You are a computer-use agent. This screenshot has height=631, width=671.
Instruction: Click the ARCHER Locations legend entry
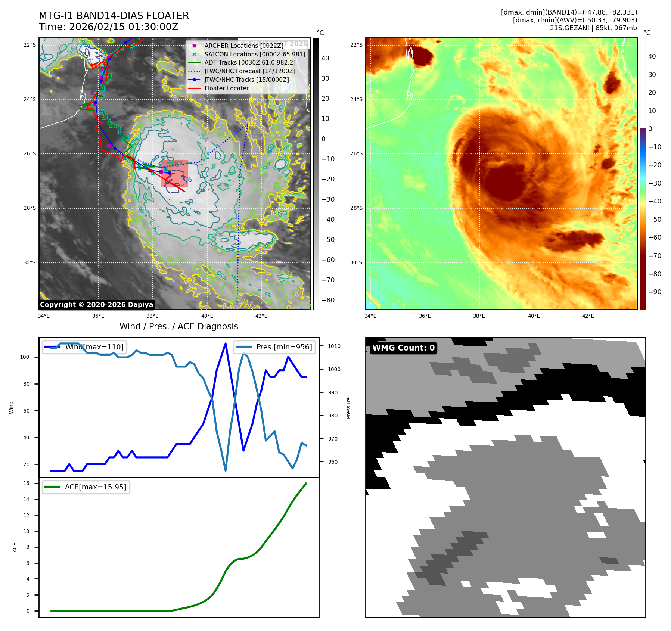click(x=244, y=46)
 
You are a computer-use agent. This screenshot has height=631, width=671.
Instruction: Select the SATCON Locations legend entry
click(x=255, y=54)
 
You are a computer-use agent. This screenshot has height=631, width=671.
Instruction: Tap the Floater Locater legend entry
click(x=226, y=88)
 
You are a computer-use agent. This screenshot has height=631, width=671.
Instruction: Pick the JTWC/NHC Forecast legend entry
click(x=249, y=71)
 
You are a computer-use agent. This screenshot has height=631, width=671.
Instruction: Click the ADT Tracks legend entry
click(x=250, y=63)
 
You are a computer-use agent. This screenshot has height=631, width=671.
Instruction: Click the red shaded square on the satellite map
click(x=174, y=174)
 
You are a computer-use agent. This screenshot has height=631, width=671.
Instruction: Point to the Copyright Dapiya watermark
click(x=96, y=305)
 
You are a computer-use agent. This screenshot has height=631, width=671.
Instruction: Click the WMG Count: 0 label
click(x=403, y=348)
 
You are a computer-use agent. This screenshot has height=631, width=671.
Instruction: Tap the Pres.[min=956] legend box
click(x=275, y=347)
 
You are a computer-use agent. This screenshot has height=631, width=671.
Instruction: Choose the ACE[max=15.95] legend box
click(x=86, y=487)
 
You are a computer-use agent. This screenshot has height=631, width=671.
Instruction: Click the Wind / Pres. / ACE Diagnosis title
click(x=178, y=326)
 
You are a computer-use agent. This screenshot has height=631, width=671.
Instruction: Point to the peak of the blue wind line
click(x=226, y=343)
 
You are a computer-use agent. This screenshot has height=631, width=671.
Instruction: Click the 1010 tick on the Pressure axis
click(x=334, y=346)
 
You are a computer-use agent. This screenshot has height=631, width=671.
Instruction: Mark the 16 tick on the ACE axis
click(x=27, y=483)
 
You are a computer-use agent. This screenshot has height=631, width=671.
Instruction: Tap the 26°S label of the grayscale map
click(x=30, y=154)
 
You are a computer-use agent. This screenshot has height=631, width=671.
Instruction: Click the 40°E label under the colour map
click(x=534, y=316)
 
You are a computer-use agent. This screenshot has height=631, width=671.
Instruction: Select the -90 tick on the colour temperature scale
click(x=655, y=292)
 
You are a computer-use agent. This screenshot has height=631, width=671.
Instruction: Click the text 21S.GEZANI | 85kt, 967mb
click(x=593, y=28)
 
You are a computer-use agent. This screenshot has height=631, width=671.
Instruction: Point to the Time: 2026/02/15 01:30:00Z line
click(x=108, y=27)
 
